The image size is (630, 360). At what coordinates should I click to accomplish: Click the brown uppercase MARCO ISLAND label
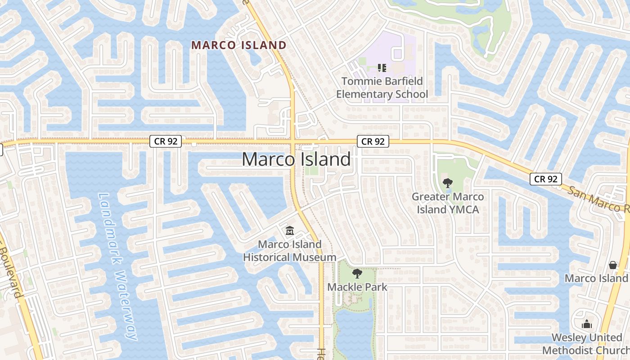click(x=239, y=45)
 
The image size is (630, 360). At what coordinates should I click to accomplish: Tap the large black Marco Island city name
click(x=296, y=159)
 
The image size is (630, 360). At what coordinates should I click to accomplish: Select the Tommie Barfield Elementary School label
click(x=382, y=88)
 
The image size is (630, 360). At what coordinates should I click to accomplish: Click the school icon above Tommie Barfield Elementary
click(x=382, y=68)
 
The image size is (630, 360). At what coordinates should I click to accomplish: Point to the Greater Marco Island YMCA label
click(x=448, y=203)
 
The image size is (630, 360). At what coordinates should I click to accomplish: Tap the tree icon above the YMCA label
click(x=448, y=183)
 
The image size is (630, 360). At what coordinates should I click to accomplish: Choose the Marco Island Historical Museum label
click(x=290, y=251)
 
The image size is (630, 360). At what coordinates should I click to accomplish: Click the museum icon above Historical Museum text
click(x=290, y=231)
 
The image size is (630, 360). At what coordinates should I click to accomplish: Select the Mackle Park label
click(x=357, y=287)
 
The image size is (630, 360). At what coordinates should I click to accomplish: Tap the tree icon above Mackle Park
click(x=357, y=273)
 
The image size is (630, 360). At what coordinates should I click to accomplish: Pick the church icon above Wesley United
click(x=587, y=324)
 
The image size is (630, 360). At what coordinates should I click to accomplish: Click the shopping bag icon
click(x=612, y=265)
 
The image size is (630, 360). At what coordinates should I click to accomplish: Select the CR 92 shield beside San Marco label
click(x=546, y=179)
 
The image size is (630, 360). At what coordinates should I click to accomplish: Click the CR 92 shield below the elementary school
click(x=373, y=141)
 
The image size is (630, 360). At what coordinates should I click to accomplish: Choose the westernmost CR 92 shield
click(x=166, y=141)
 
